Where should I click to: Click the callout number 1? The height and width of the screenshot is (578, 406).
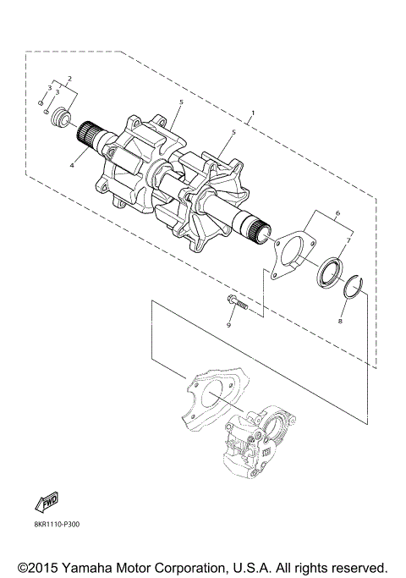pyautogui.click(x=253, y=112)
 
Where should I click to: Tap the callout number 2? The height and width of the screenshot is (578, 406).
pyautogui.click(x=69, y=78)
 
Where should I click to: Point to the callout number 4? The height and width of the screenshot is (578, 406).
pyautogui.click(x=72, y=166)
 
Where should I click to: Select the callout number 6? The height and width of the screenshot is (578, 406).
pyautogui.click(x=337, y=212)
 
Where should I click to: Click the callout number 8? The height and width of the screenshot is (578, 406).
pyautogui.click(x=340, y=321)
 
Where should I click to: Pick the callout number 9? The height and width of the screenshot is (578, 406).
pyautogui.click(x=228, y=325)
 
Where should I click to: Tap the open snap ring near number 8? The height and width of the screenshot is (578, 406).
pyautogui.click(x=354, y=285)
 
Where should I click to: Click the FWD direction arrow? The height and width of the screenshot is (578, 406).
pyautogui.click(x=47, y=502)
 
